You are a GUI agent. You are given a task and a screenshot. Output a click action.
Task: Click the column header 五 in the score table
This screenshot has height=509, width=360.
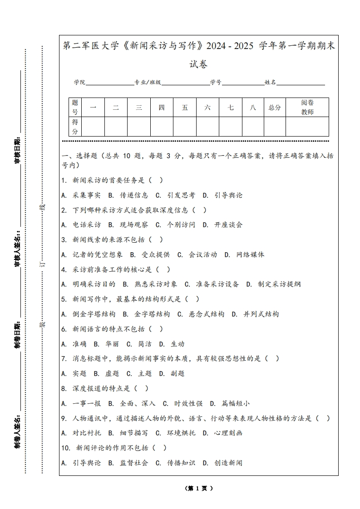184,108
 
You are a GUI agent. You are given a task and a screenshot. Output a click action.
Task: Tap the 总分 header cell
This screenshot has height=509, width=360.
274,108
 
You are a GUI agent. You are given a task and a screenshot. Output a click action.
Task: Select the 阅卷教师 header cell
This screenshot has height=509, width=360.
307,108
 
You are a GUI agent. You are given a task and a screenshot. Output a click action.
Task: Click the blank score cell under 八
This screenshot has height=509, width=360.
252,127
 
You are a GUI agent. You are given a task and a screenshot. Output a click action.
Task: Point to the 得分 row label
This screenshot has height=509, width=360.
75,127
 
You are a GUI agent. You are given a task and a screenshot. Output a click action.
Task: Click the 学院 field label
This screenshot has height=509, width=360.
80,83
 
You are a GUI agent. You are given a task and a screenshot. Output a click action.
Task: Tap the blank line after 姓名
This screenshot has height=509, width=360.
301,83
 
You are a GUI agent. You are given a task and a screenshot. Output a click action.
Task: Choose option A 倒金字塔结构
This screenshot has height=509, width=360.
89,314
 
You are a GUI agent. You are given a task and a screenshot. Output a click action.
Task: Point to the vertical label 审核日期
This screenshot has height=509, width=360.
18,150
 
